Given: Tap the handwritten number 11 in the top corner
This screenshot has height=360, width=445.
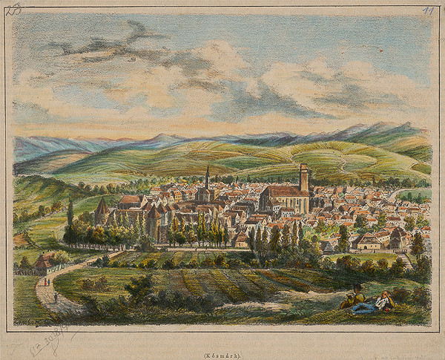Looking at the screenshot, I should pos(428,12).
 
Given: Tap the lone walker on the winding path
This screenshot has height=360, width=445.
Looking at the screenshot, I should pos(55,298).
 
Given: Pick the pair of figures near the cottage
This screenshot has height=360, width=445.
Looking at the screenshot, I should pos(47,282).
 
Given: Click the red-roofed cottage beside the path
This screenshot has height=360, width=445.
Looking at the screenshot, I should pos(46,262).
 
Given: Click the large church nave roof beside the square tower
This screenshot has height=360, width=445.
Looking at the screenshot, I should pos(282,192).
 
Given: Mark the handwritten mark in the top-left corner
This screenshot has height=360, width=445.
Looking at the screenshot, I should pos(13,10).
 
